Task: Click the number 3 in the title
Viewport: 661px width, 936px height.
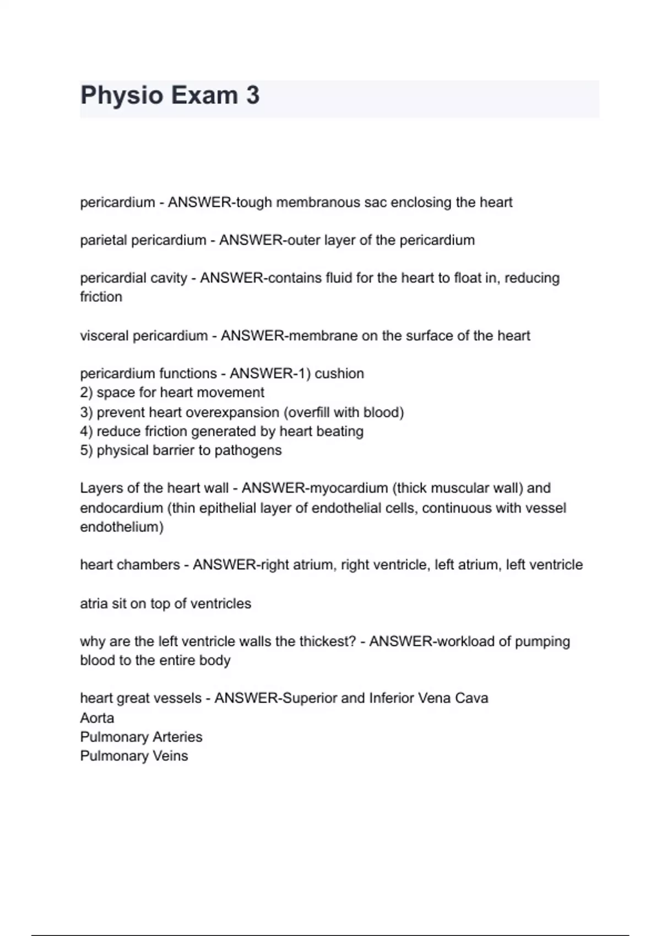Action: click(252, 95)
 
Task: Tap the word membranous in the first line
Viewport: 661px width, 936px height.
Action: click(310, 203)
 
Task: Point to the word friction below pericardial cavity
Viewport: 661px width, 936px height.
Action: click(101, 297)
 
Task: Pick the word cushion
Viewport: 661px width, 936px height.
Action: click(339, 374)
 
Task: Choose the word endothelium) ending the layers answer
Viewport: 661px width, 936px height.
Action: click(122, 527)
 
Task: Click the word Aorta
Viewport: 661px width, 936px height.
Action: click(97, 718)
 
